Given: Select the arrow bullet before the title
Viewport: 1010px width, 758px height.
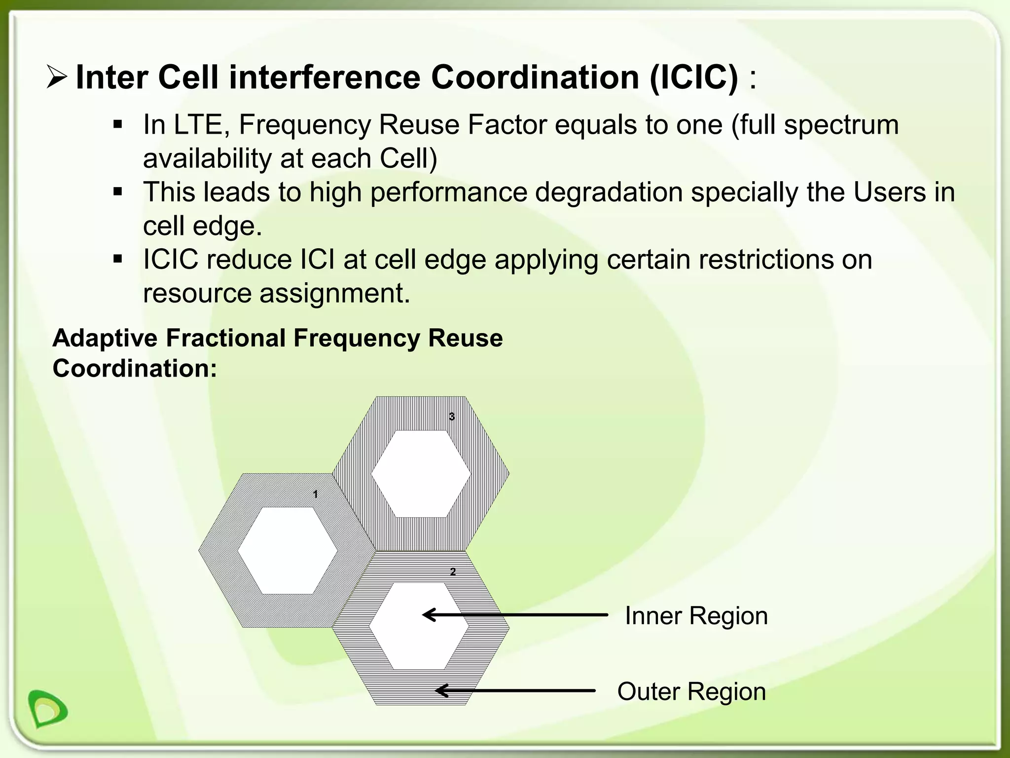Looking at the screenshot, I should [57, 77].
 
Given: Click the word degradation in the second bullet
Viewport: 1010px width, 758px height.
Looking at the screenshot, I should [608, 192].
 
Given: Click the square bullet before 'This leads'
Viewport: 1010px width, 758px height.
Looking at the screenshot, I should [117, 191].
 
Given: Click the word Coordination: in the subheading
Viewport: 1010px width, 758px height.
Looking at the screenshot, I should [135, 369].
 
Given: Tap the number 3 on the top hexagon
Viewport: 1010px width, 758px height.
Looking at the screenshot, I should [451, 417].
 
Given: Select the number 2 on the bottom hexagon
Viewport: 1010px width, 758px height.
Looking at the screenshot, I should [453, 572].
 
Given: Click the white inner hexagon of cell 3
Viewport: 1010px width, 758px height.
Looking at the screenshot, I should [421, 474].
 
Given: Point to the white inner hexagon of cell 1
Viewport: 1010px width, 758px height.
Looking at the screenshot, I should [288, 550].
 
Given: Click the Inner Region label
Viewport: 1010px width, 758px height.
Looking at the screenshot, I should [696, 616].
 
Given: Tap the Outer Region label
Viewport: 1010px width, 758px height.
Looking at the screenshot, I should [691, 691].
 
